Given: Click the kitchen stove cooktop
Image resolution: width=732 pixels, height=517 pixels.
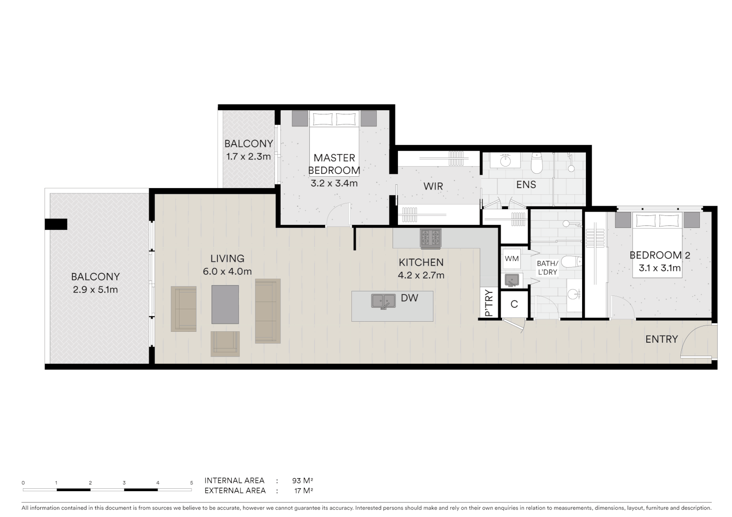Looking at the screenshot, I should (x=430, y=238).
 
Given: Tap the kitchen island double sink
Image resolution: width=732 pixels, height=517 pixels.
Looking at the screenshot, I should (x=383, y=301).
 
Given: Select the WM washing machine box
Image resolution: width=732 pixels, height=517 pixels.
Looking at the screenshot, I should (x=512, y=259).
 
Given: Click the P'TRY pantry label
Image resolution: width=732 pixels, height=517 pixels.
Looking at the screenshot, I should (x=489, y=303).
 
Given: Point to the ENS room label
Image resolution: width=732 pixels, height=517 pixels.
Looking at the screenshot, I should (x=526, y=185).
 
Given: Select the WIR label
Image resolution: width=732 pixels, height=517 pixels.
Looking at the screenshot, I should (x=433, y=186).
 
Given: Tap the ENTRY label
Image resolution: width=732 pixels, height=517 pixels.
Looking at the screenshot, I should (x=661, y=339).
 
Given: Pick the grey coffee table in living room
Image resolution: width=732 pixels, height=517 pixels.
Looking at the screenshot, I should (x=225, y=304).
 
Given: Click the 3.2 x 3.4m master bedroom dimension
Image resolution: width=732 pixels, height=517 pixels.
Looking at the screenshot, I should (x=334, y=183).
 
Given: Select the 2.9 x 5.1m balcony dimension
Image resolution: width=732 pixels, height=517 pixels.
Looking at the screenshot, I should (x=95, y=290).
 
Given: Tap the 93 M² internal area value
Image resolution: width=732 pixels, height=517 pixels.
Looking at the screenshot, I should (x=302, y=481).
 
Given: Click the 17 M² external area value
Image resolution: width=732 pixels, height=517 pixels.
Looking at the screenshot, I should (x=303, y=491).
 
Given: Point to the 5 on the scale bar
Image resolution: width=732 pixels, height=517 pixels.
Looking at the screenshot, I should (x=191, y=483).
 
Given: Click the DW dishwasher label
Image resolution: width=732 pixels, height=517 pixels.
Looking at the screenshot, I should (x=409, y=298).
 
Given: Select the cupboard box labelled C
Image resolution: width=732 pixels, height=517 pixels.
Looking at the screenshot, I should (x=514, y=304).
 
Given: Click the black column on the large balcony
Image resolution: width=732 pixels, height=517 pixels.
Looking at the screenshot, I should (x=56, y=224).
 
